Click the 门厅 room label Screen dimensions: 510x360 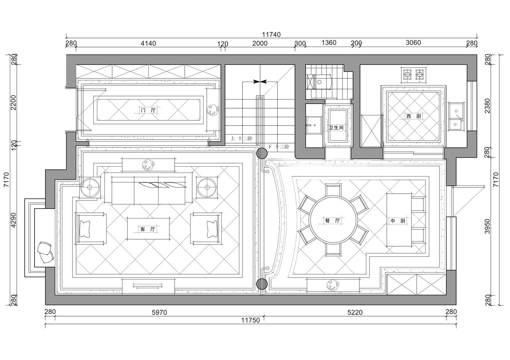click(148, 110)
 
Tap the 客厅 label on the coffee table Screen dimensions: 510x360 click(148, 229)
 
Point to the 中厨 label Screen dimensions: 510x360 click(398, 221)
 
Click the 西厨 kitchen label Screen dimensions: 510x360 click(414, 116)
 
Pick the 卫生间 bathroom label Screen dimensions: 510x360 click(336, 128)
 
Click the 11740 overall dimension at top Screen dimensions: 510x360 click(271, 35)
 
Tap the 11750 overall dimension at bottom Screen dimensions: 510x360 click(250, 320)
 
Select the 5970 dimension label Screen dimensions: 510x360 click(159, 313)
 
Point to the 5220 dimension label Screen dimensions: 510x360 click(355, 313)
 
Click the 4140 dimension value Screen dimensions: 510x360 click(148, 43)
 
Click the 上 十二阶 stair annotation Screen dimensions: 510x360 click(241, 138)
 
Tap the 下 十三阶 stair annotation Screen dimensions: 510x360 click(278, 147)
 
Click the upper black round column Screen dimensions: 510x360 click(262, 153)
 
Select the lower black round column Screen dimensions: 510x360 click(262, 284)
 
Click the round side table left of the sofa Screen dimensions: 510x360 click(90, 187)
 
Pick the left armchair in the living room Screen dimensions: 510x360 click(91, 229)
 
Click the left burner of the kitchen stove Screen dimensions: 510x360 click(407, 74)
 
